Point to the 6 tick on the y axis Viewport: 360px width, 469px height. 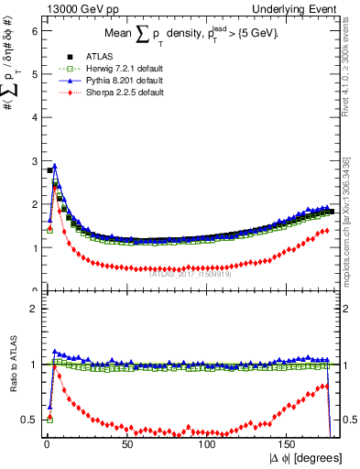pos(36,30)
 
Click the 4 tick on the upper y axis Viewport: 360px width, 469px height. pos(36,117)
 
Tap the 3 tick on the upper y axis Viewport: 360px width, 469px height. pos(36,160)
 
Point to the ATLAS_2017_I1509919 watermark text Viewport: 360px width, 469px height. pos(190,270)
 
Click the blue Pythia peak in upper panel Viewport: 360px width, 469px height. pos(55,167)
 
